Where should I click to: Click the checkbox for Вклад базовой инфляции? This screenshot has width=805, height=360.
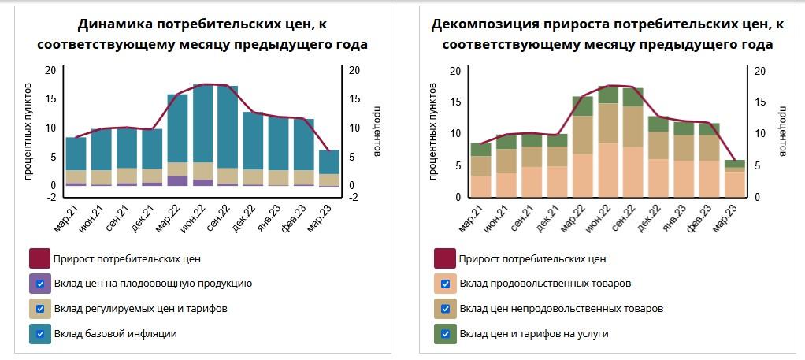40,333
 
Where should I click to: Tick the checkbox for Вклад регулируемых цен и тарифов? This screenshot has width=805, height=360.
40,308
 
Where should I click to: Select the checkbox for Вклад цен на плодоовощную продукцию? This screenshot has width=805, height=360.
40,284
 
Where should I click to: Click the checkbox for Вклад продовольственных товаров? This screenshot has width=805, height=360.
446,284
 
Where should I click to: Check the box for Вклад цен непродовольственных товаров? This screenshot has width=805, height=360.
446,308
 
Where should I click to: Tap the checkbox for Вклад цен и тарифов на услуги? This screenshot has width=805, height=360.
446,333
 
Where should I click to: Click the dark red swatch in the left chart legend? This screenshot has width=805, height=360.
40,258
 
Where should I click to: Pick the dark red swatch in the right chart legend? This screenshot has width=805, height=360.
446,258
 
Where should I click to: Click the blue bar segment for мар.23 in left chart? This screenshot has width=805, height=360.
329,161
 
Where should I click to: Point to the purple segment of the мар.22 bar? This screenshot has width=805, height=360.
178,180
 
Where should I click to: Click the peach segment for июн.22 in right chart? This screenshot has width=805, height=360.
608,169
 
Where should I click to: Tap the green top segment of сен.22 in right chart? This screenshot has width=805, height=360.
633,97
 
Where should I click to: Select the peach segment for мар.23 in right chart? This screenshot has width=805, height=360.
734,184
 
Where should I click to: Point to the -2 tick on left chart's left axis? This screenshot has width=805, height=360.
51,197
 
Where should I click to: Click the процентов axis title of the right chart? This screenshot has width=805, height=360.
783,132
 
